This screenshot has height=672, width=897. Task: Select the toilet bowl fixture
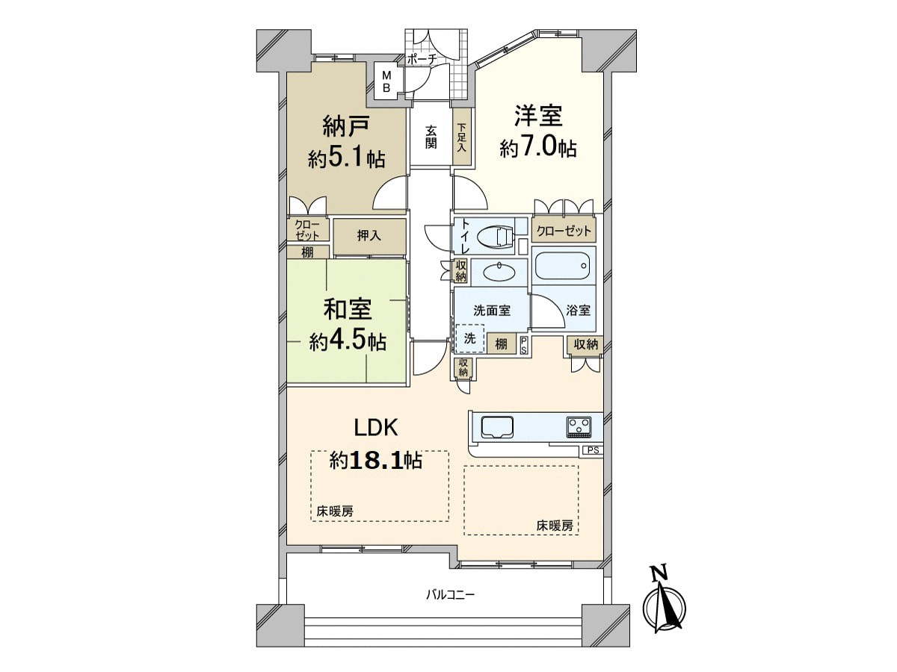495,237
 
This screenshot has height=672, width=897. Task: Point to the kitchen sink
497,427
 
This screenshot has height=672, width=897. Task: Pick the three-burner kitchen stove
579,427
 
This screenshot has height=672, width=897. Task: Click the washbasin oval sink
499,272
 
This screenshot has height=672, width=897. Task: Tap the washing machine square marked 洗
470,338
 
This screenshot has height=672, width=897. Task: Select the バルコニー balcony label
450,595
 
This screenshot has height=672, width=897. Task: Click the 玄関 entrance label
431,137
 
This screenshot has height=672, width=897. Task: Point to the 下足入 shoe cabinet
462,137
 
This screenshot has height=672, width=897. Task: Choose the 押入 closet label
369,235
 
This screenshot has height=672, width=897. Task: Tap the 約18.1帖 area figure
376,461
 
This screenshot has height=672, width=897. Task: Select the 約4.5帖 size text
348,341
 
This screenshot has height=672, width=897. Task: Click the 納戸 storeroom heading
347,125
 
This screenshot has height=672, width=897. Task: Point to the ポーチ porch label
422,60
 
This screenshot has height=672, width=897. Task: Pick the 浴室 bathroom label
579,310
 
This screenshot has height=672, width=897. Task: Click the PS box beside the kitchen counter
593,450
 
